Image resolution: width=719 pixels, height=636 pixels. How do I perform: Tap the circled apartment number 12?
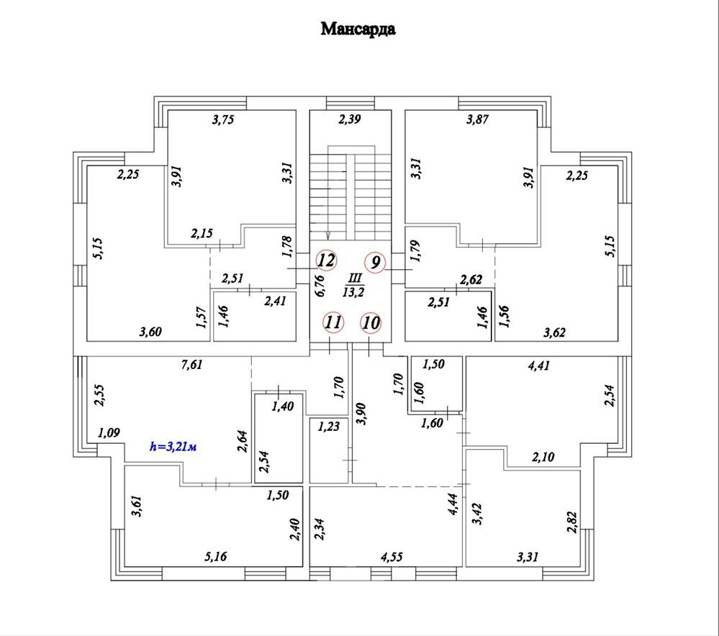(326, 260)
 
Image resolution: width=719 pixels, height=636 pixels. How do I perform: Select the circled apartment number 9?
(375, 263)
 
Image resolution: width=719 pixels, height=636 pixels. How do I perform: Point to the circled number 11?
(332, 322)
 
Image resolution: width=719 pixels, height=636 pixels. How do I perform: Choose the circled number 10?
(371, 322)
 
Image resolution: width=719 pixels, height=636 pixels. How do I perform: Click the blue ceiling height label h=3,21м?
(173, 446)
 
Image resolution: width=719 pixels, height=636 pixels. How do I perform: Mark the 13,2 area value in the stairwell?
(353, 291)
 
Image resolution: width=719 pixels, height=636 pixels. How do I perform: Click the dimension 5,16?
(216, 555)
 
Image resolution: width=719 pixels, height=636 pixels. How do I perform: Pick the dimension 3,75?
(224, 121)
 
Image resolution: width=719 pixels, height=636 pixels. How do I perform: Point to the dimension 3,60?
(151, 332)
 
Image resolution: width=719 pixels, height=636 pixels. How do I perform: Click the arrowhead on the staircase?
(328, 236)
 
